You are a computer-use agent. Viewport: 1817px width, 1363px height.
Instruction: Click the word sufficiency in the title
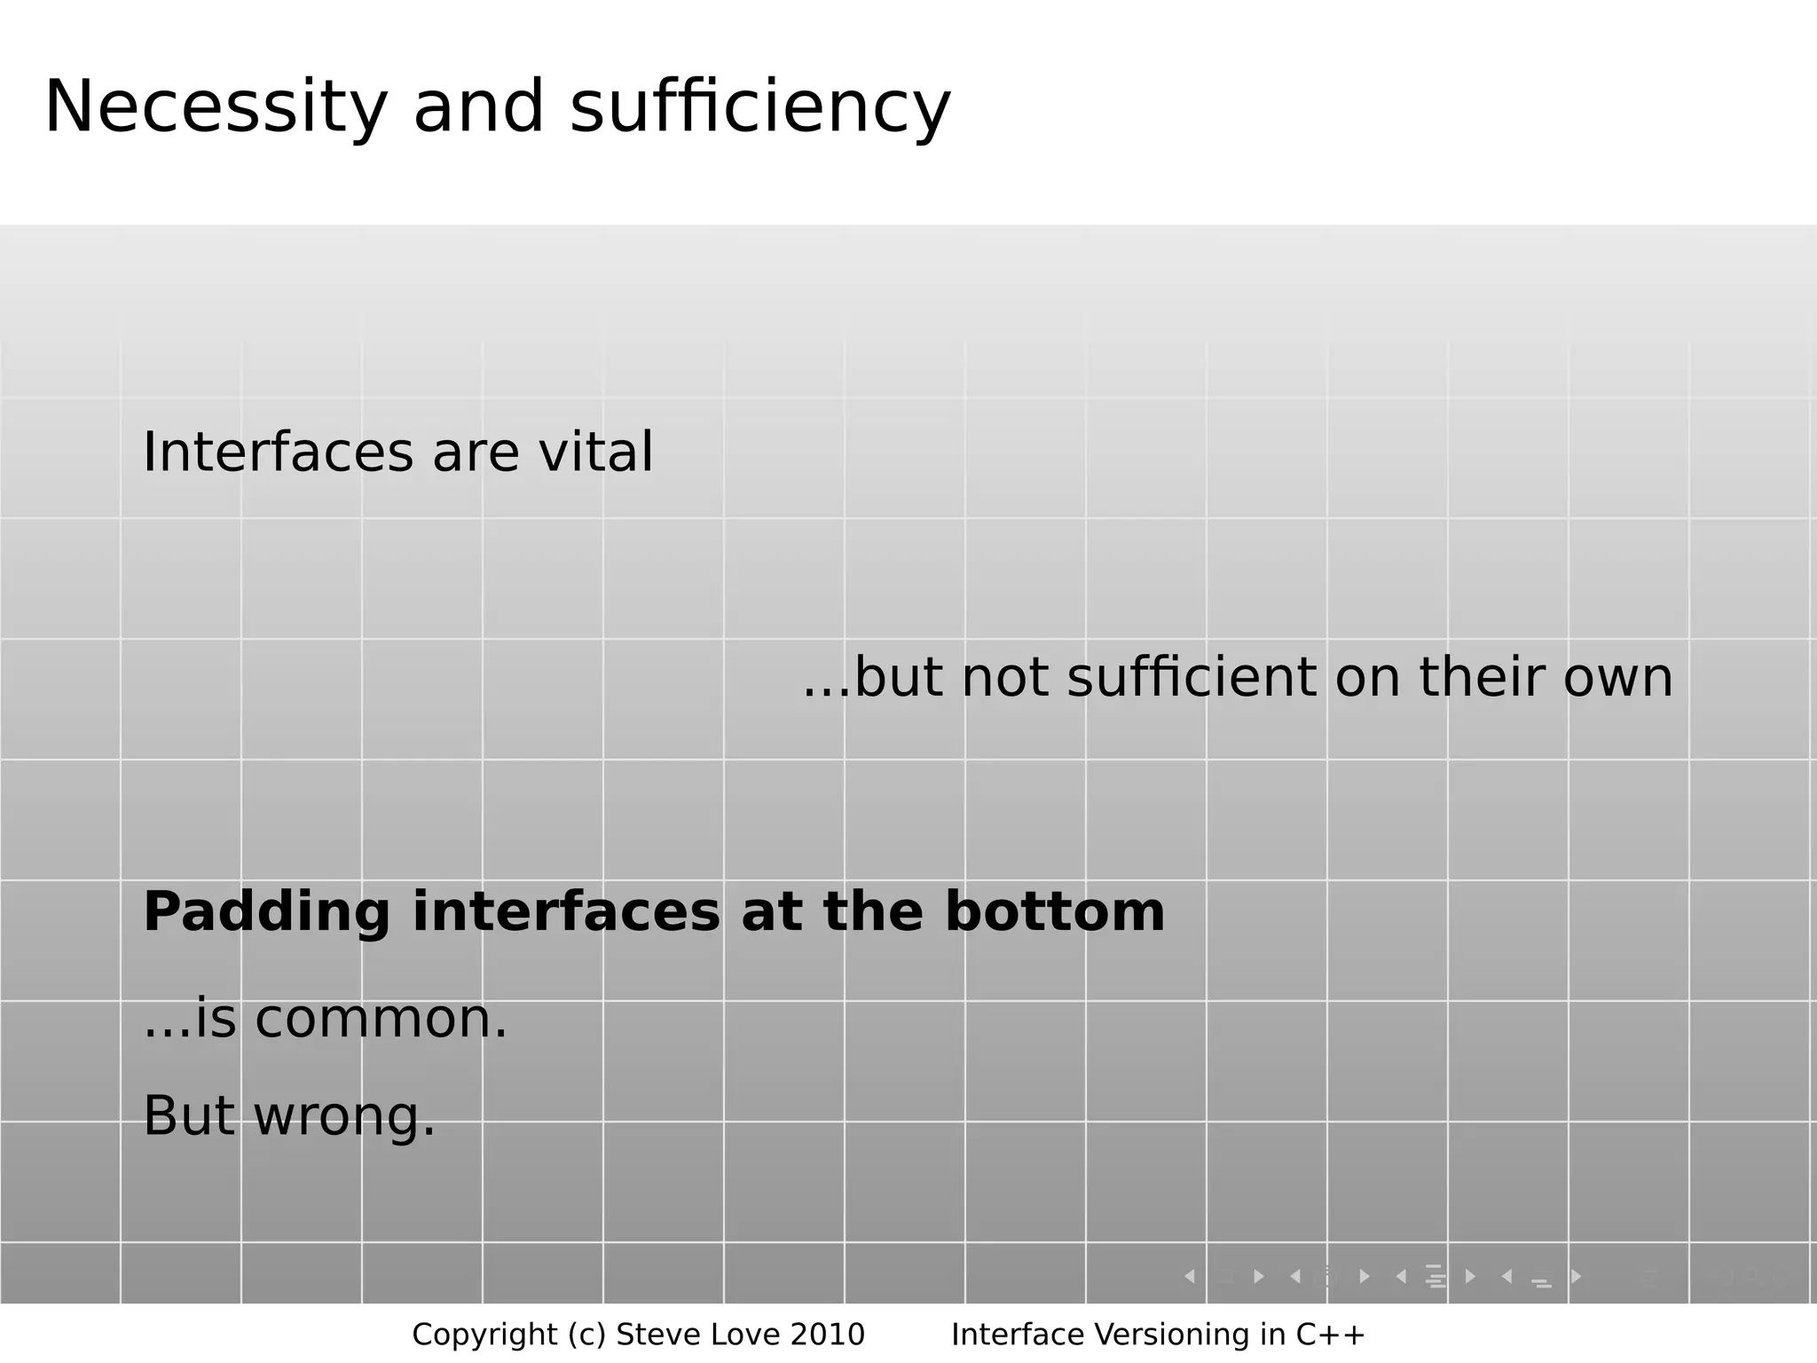pos(760,108)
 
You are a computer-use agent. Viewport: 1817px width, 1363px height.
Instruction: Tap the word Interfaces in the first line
pos(278,453)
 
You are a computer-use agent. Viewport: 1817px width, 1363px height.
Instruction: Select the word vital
pos(596,453)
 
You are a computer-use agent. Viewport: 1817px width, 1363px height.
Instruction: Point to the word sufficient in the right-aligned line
pos(1192,678)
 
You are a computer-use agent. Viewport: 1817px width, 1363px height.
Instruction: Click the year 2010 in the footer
pos(827,1335)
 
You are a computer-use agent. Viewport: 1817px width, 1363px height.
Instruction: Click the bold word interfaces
pos(566,912)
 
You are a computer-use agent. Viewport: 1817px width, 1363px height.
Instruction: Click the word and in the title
pos(478,108)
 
